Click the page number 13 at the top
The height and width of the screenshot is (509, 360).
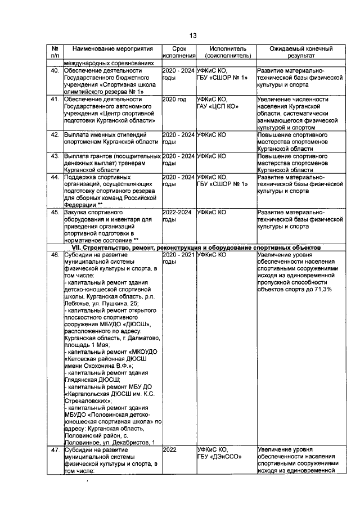click(x=192, y=35)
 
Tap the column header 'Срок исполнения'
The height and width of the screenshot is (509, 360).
click(x=179, y=52)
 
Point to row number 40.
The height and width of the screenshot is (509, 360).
click(x=55, y=71)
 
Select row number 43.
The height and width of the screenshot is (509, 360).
click(x=55, y=155)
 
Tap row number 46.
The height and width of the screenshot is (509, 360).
click(x=55, y=255)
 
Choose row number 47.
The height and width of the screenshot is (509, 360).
click(x=55, y=449)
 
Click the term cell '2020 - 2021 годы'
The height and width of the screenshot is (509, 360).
click(x=178, y=258)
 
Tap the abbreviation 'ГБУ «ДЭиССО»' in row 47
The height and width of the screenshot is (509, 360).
click(x=220, y=457)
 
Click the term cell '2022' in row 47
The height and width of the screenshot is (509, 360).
click(x=169, y=449)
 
